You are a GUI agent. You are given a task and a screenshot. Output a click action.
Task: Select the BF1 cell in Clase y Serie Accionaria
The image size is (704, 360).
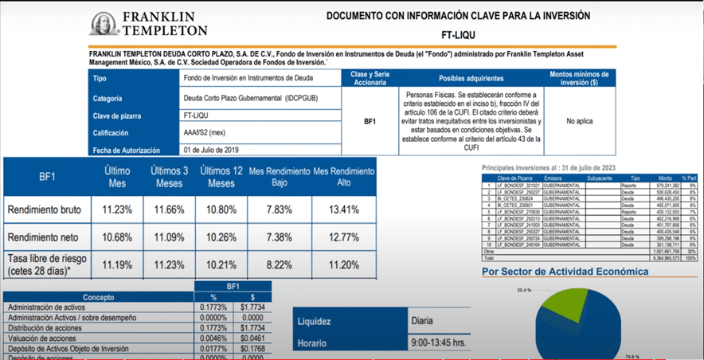coord(370,122)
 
